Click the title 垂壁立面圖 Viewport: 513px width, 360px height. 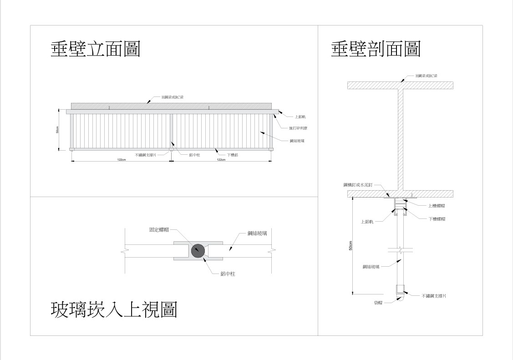95,49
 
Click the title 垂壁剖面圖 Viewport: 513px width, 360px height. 376,49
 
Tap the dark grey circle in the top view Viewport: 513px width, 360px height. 198,250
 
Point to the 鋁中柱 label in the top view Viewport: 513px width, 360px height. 227,274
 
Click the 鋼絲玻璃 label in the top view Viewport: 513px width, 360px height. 257,233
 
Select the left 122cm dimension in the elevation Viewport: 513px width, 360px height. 122,160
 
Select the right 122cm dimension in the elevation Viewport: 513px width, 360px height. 221,160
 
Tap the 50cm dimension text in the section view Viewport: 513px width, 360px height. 350,246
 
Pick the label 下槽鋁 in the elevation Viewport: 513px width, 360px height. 233,155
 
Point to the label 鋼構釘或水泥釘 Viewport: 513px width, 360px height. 358,185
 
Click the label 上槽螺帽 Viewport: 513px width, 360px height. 437,206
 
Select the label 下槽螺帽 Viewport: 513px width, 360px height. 437,219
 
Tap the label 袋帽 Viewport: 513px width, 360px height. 378,302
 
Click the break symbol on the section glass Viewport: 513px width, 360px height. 399,250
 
